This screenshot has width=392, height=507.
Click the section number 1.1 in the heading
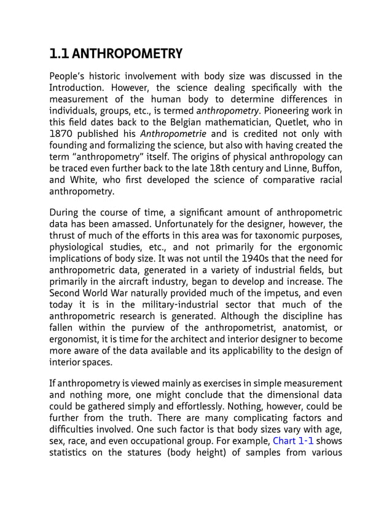coord(59,54)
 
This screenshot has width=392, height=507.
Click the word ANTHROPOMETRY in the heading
coord(127,54)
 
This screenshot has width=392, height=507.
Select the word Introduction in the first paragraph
coord(76,88)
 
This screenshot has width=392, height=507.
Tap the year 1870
coord(62,134)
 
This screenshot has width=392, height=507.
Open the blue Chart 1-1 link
coord(294,442)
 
